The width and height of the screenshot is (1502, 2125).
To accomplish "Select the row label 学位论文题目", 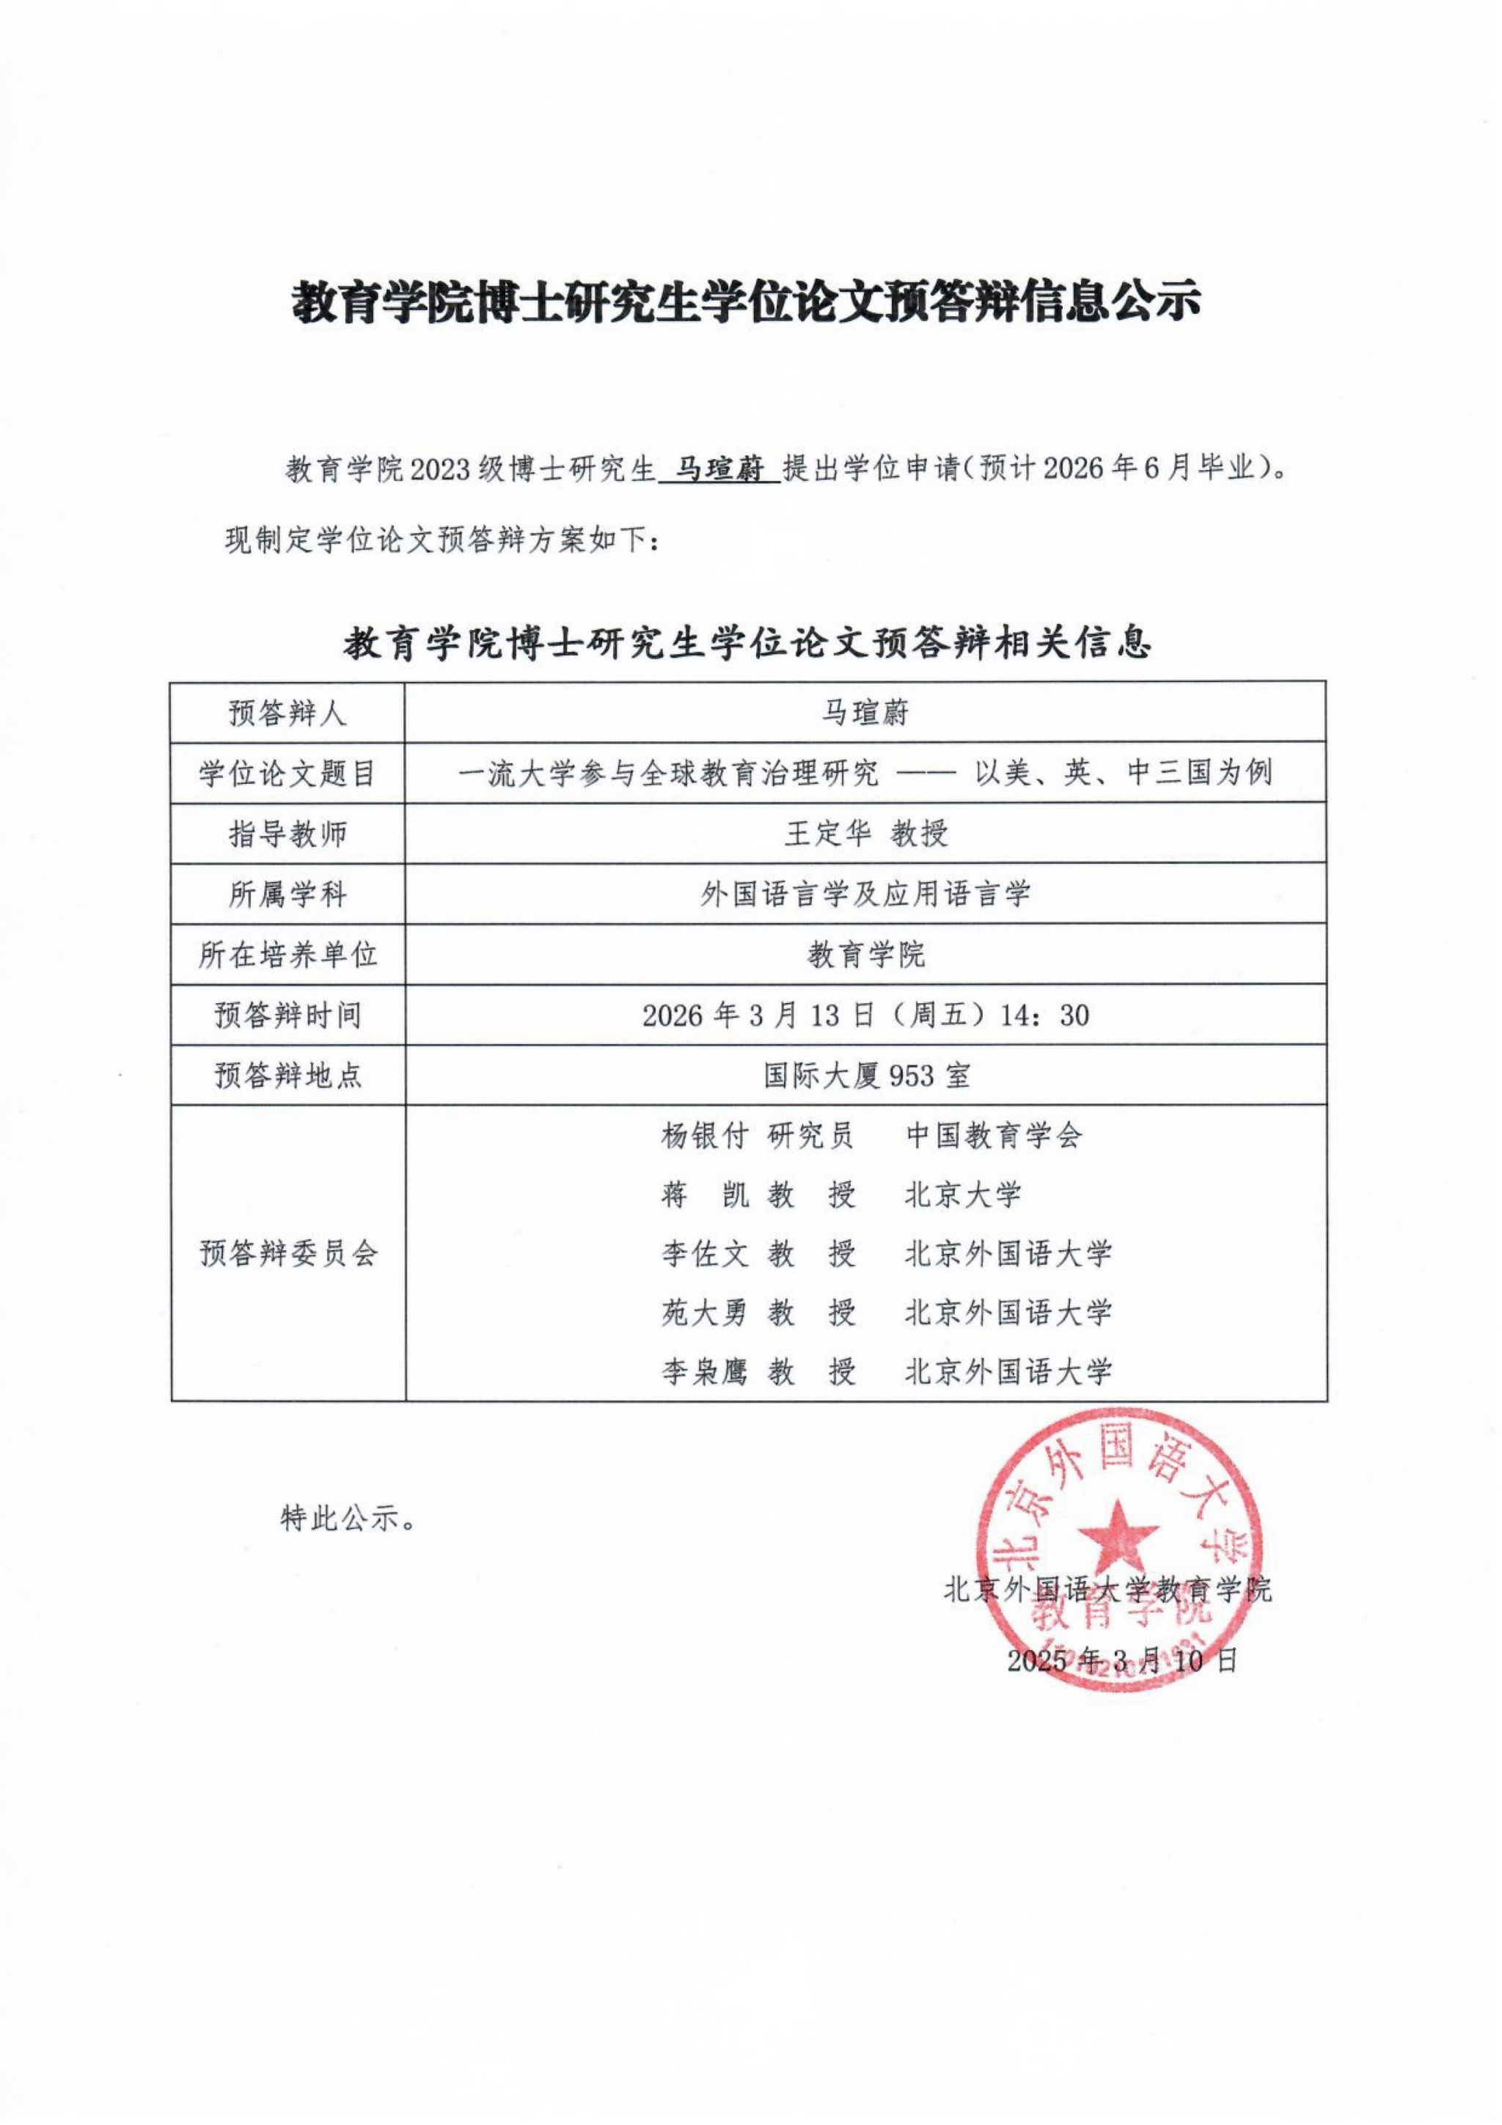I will point(287,773).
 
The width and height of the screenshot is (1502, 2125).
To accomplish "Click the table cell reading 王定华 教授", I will point(866,833).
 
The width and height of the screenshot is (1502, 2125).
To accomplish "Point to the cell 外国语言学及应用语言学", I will point(866,894).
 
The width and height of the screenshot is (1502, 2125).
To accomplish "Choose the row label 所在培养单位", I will point(287,954).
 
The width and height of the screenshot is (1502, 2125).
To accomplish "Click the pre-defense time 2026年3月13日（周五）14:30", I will point(866,1016).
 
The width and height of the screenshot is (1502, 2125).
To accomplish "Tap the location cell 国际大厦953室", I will point(866,1076).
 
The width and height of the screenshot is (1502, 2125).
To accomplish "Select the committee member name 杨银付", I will point(703,1136).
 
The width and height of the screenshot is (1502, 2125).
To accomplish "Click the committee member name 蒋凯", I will point(703,1194).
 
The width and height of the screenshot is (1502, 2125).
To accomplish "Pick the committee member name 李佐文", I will point(703,1254).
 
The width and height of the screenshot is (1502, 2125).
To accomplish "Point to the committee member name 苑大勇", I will point(703,1313).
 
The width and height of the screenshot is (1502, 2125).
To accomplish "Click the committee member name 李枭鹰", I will point(703,1372).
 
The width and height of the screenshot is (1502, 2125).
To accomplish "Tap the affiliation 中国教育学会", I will point(993,1136).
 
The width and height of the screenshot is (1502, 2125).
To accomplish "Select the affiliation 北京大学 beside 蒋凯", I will point(962,1194).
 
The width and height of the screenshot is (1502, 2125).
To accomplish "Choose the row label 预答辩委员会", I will point(287,1254).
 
